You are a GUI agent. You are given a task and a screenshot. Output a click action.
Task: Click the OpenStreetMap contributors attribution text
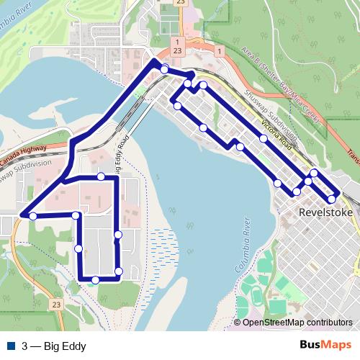[x=297, y=323]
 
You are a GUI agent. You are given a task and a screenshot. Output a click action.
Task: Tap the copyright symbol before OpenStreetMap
[x=238, y=323]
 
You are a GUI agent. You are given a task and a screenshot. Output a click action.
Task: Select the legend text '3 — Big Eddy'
[x=54, y=346]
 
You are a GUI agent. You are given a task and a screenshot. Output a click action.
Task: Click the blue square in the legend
[x=11, y=346]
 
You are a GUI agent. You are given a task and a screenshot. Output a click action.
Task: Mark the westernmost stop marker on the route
[x=33, y=215]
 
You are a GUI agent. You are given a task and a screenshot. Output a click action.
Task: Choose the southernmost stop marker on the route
[x=95, y=279]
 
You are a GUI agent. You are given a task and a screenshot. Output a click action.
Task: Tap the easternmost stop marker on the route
[x=332, y=198]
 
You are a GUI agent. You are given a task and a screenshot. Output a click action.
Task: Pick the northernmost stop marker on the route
[x=165, y=69]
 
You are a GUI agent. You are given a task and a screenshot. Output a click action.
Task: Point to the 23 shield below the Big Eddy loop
[x=55, y=305]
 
